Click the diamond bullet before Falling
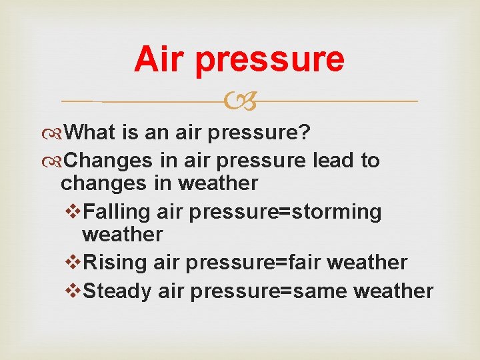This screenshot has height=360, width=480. (x=75, y=212)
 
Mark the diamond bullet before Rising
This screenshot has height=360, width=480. (x=75, y=263)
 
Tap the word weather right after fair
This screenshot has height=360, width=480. (x=368, y=263)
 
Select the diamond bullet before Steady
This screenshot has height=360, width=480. (x=75, y=291)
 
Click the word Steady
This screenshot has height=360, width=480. (x=119, y=291)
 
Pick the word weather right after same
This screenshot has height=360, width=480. (x=393, y=291)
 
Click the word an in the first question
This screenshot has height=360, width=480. (x=157, y=133)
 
